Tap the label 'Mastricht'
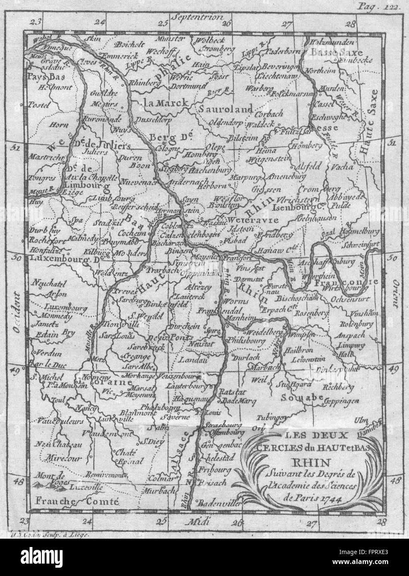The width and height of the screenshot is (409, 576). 43,157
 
